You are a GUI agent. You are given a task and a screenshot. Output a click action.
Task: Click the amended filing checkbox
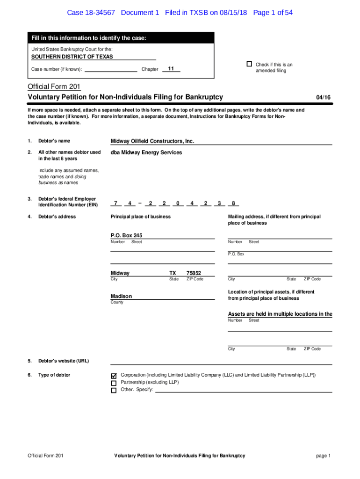(x=249, y=64)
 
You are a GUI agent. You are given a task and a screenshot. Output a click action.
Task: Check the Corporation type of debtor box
(x=114, y=376)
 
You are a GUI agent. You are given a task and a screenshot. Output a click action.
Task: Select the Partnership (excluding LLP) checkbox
(x=114, y=383)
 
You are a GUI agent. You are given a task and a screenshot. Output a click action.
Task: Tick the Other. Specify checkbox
(x=114, y=390)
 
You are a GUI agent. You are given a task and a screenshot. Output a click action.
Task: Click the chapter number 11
(x=171, y=69)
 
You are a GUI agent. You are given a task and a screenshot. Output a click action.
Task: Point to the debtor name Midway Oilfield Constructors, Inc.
(x=152, y=141)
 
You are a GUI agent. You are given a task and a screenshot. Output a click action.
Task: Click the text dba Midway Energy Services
(x=146, y=152)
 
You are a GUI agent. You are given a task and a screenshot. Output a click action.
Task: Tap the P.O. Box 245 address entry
(x=126, y=235)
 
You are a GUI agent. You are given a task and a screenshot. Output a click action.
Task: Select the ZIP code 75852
(x=194, y=273)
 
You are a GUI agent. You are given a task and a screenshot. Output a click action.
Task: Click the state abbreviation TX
(x=173, y=273)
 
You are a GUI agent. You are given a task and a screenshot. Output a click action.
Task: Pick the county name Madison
(x=121, y=296)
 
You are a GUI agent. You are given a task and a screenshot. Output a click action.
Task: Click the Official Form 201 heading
(x=54, y=87)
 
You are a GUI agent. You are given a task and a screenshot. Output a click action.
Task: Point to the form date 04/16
(x=323, y=97)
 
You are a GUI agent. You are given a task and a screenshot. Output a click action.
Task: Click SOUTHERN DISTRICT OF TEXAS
(x=72, y=57)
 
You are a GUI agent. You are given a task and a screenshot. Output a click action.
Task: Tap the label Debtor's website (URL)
(x=64, y=361)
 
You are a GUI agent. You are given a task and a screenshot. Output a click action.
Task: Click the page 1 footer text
(x=323, y=456)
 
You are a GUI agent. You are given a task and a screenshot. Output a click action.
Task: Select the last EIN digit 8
(x=233, y=203)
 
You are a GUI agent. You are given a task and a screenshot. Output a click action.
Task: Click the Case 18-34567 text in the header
(x=92, y=13)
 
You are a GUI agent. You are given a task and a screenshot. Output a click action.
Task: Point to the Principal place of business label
(x=140, y=217)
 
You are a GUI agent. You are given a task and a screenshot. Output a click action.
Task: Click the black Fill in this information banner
(x=121, y=38)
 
